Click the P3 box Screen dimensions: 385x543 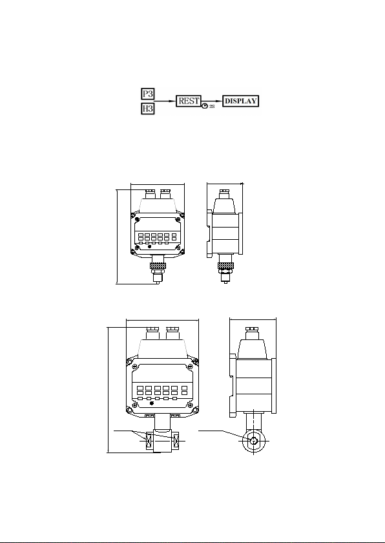pos(148,94)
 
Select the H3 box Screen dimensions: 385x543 pos(148,109)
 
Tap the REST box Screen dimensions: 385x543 pos(189,101)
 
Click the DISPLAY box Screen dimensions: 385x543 pos(240,101)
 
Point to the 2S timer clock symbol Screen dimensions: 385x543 pos(205,106)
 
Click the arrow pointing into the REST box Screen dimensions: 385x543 pos(165,101)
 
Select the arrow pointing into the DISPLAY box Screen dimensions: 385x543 pos(212,101)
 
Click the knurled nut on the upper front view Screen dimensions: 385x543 pos(158,266)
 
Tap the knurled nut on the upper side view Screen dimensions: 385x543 pos(225,266)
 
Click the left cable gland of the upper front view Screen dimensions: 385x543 pos(150,194)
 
